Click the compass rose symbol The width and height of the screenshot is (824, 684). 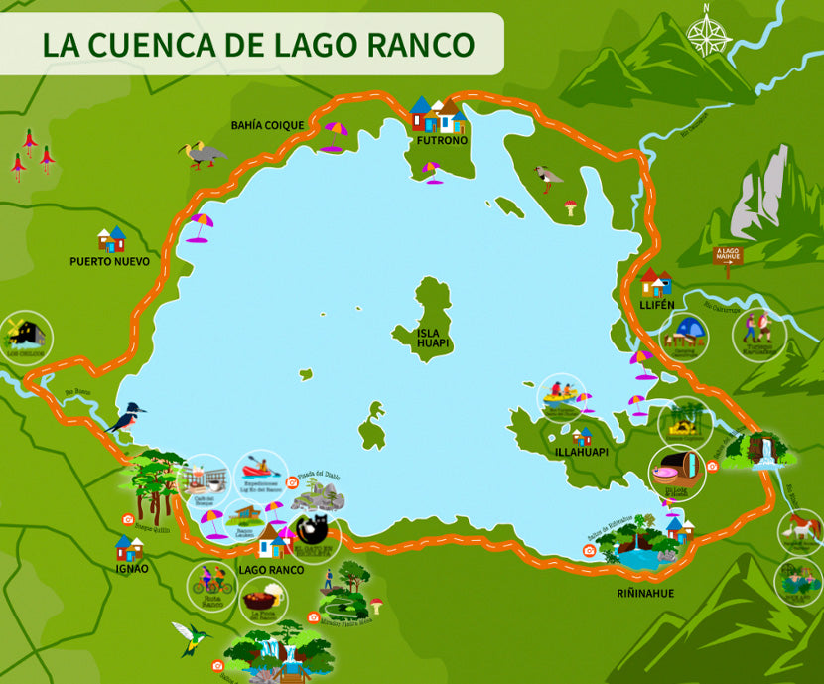point(708,34)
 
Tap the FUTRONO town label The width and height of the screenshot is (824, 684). point(442,141)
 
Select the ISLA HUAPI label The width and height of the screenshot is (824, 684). point(433,338)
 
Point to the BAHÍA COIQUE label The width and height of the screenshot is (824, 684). point(267,125)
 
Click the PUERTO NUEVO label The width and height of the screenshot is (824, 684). point(109,262)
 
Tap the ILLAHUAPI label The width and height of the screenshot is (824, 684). point(582,452)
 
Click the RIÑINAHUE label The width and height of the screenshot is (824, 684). point(644,594)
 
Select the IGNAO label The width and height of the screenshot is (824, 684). point(131,569)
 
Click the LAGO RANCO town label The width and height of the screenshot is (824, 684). point(271,570)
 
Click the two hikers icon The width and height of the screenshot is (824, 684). point(758,327)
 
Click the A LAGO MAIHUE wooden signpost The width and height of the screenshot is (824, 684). point(729,255)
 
